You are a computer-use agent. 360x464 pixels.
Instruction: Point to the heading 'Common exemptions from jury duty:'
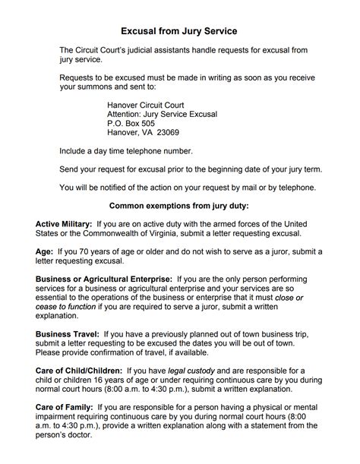(179, 206)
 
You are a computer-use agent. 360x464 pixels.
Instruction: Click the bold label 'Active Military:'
(64, 224)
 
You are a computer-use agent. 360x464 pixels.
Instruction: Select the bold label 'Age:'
(44, 251)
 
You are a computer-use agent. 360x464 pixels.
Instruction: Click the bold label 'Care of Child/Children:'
(80, 370)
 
